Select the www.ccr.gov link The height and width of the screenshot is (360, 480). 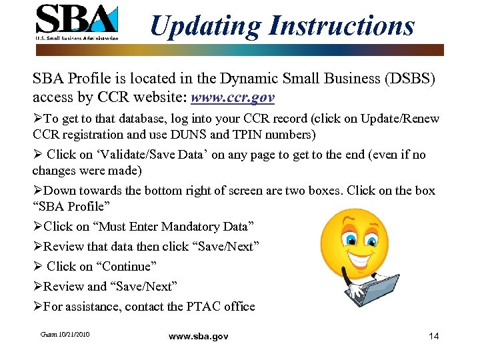pos(233,98)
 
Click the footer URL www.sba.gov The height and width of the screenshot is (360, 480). pos(198,337)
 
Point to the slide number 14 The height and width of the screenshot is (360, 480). pos(433,336)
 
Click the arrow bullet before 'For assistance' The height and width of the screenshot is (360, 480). pos(37,307)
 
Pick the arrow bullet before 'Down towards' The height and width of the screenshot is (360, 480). pos(37,191)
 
